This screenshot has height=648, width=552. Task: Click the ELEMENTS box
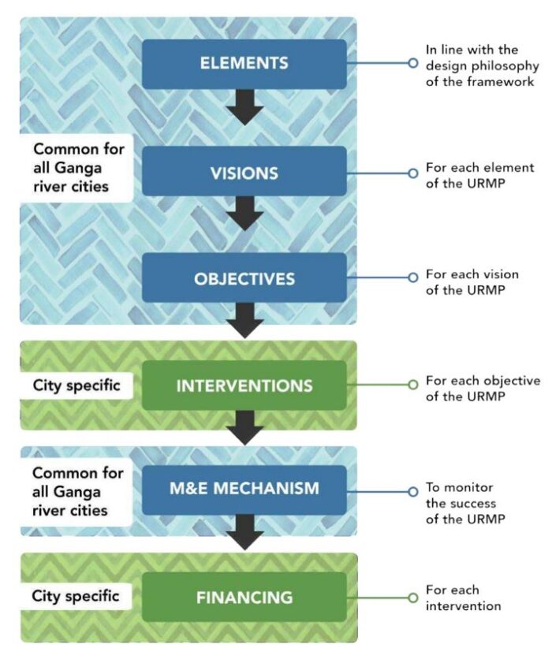click(244, 63)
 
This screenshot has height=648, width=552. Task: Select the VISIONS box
click(244, 171)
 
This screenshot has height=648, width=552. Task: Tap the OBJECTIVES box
click(244, 278)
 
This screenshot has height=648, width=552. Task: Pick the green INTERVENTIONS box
click(244, 385)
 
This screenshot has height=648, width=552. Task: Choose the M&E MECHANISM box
click(244, 489)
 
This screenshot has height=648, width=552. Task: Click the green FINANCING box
click(244, 596)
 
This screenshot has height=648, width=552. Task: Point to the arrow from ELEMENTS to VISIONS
click(247, 106)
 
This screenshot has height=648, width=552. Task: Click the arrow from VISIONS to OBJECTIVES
click(247, 213)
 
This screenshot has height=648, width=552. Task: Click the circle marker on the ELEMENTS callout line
click(412, 63)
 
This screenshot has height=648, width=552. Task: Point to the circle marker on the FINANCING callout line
click(412, 598)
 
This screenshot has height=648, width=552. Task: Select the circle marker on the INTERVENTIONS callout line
click(412, 385)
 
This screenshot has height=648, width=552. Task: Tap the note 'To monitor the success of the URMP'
click(465, 504)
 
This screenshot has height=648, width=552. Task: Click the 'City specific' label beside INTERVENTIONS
click(74, 386)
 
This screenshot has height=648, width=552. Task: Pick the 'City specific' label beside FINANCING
click(74, 596)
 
